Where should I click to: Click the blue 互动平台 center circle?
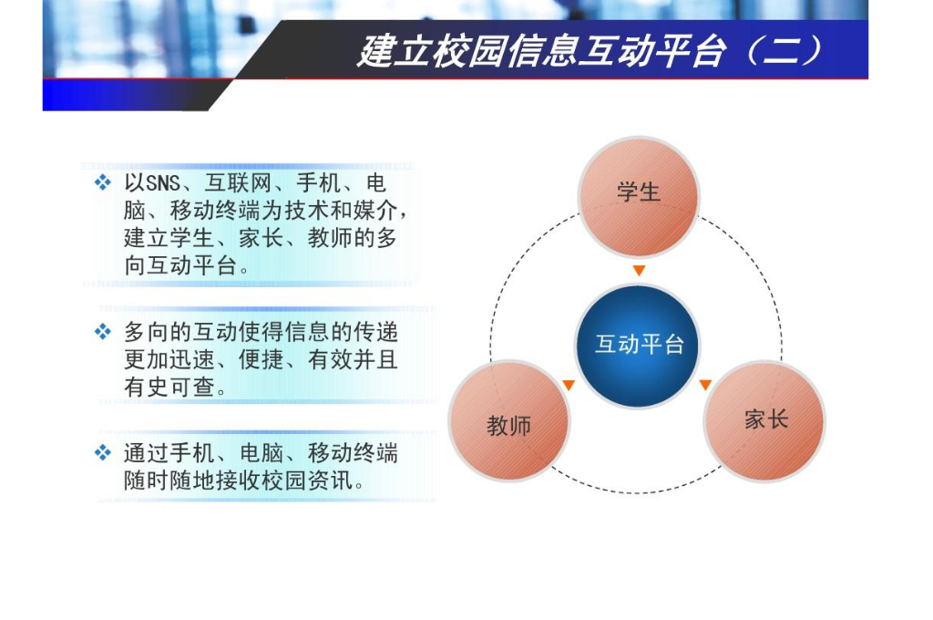pos(639,345)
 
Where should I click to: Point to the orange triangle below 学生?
pos(639,271)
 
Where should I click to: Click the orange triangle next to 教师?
pos(569,386)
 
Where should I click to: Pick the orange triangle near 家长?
pos(705,386)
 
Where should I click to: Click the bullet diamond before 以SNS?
pos(103,182)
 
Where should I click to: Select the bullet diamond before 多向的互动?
pos(103,332)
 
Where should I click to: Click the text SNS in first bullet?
pos(163,183)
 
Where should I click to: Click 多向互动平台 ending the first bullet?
pos(186,267)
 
